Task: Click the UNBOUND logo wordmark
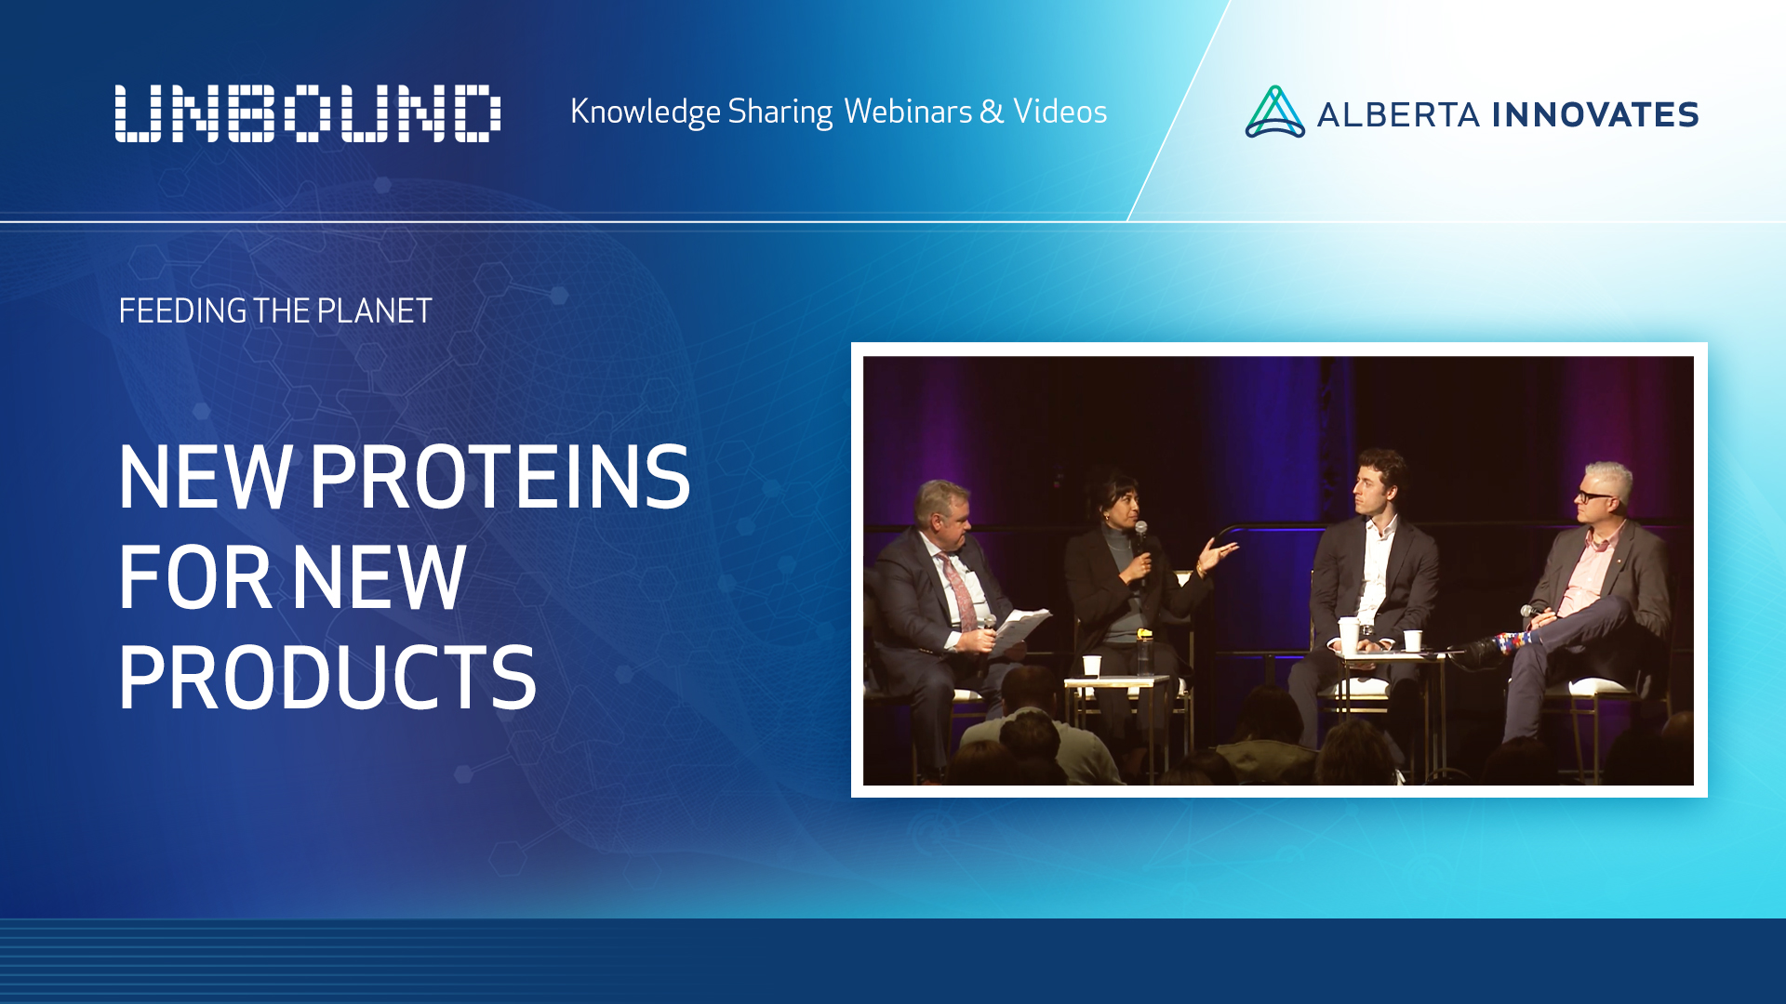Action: pos(307,113)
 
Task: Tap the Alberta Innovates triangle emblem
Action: pos(1274,112)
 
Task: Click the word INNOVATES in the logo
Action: pos(1595,114)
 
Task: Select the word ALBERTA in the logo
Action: pos(1397,114)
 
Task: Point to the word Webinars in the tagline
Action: pos(908,112)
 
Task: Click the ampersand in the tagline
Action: pos(992,112)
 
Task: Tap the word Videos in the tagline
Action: pos(1060,112)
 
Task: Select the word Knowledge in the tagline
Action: pos(645,112)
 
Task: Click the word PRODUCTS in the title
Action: pos(327,678)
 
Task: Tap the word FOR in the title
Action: pos(194,577)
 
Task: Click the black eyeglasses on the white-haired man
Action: pos(1594,495)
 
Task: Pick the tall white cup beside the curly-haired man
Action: pos(1348,634)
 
